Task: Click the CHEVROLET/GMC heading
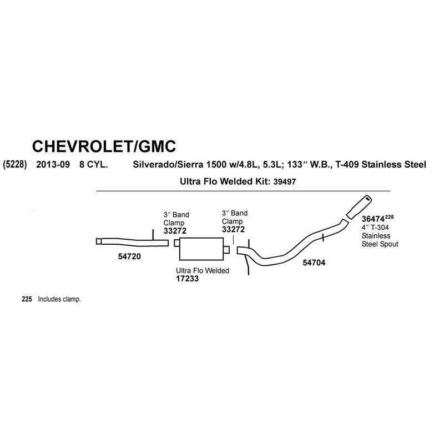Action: coord(104,146)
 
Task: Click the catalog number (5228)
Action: coord(15,164)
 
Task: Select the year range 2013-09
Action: coord(53,164)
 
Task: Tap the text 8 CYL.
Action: coord(93,164)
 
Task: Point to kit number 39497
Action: coord(285,182)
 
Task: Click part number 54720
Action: coord(129,256)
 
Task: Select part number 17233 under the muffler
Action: coord(187,279)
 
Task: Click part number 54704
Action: coord(314,263)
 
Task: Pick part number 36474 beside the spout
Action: coord(373,219)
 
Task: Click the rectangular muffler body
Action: coord(201,249)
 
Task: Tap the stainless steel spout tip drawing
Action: coord(359,206)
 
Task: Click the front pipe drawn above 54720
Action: coord(132,242)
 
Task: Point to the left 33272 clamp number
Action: coord(175,231)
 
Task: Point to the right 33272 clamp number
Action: coord(233,229)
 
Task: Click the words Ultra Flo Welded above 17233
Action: coord(203,271)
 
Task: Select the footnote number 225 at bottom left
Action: coord(27,299)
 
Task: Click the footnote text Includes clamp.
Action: coord(59,299)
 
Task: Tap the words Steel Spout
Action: coord(380,244)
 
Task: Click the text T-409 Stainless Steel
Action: coord(381,164)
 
